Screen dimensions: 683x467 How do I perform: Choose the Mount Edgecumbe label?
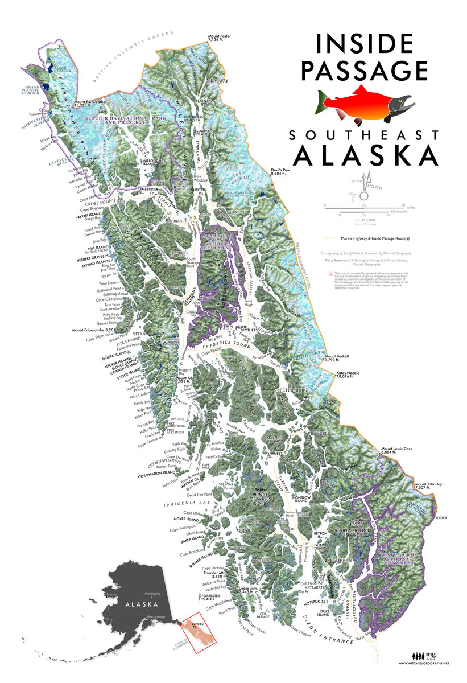(94, 330)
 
